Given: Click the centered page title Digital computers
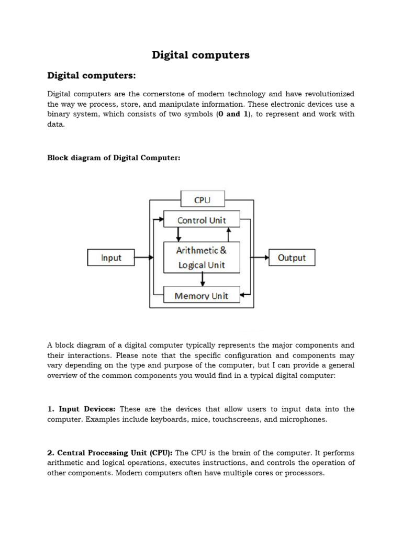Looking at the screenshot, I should tap(200, 55).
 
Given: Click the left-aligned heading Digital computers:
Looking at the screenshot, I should tap(92, 76).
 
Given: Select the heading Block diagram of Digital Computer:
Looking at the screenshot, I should tap(114, 158).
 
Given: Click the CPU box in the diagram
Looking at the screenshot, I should tap(202, 199).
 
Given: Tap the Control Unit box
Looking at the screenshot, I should tap(202, 220).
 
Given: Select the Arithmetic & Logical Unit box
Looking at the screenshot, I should tap(202, 258).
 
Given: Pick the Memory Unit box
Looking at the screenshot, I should tap(202, 296).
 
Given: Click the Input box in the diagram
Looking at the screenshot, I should tap(111, 258).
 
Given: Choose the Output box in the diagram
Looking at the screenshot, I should tap(292, 258).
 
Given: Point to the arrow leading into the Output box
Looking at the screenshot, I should tap(260, 258).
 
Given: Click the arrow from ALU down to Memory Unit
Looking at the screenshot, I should tap(202, 280).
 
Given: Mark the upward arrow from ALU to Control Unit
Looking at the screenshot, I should tap(228, 234).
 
